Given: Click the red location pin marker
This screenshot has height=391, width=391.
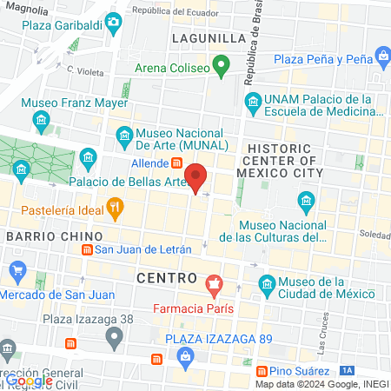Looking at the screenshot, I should [x=197, y=177].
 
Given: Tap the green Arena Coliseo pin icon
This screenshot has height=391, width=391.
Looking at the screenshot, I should [x=222, y=66].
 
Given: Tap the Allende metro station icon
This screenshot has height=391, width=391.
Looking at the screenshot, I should [x=176, y=162].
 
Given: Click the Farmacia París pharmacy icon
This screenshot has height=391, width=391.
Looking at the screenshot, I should [x=214, y=283].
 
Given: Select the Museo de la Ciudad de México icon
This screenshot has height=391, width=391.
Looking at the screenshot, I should [x=267, y=284].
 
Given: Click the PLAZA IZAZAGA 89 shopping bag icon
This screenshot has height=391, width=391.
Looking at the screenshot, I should [x=186, y=356].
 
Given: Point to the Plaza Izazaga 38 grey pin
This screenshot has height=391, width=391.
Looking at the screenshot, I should [x=113, y=336].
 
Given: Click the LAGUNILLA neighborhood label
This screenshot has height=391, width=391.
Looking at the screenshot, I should [x=209, y=39].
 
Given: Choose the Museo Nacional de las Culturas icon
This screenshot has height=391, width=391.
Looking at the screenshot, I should [x=306, y=204].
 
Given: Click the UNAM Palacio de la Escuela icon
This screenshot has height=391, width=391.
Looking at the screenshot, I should [x=253, y=103].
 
